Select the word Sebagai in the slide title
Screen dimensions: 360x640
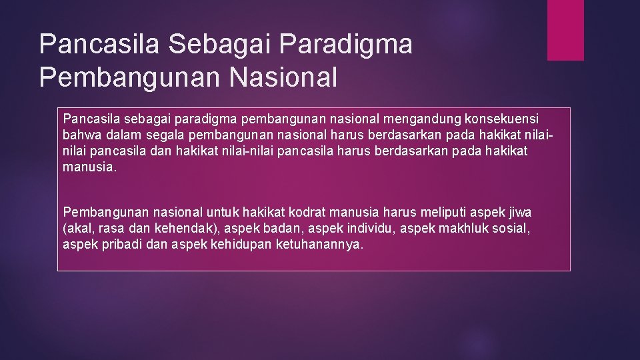[225, 45]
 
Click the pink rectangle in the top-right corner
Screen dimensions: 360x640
[565, 30]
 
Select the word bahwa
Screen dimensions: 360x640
[80, 135]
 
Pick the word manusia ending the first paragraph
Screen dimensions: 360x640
[89, 167]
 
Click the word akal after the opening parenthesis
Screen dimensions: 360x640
[79, 229]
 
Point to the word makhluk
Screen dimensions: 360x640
[468, 229]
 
